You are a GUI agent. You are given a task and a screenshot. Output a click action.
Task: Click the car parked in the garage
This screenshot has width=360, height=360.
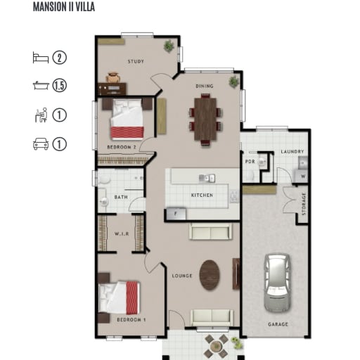click(277, 283)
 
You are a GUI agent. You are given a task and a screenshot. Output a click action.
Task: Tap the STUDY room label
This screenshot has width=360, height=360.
click(136, 61)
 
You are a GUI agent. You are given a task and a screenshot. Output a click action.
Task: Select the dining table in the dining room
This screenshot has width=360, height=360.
click(205, 119)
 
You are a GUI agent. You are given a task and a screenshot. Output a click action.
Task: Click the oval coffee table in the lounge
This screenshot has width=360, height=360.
click(210, 275)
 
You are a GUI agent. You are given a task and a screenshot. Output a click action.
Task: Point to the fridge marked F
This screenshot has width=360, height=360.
click(176, 214)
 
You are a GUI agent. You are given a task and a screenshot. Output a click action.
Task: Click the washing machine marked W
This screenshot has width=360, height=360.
click(302, 176)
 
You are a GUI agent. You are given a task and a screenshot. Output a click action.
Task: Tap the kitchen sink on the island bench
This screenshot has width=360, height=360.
click(207, 179)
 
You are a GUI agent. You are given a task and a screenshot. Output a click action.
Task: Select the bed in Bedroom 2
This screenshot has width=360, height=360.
click(127, 119)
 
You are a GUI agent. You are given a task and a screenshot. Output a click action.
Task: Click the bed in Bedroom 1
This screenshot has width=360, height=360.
click(120, 297)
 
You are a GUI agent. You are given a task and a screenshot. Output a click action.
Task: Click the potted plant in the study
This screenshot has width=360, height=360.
click(169, 46)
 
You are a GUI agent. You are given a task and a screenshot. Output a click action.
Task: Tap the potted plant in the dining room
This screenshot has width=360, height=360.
click(234, 82)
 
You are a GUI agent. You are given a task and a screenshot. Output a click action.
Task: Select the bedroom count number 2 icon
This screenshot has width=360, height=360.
click(59, 58)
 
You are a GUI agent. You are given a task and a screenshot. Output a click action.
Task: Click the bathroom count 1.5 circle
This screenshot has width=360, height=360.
click(59, 85)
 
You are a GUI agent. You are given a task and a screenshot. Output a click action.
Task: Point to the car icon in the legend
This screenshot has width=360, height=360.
click(41, 144)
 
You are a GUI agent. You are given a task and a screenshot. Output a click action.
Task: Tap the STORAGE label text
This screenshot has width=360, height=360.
click(304, 204)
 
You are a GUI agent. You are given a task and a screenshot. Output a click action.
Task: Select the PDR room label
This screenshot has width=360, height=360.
click(250, 162)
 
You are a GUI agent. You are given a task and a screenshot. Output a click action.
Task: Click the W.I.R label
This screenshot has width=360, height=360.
click(122, 234)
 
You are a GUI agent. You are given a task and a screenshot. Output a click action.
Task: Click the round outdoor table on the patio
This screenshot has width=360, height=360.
click(216, 346)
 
